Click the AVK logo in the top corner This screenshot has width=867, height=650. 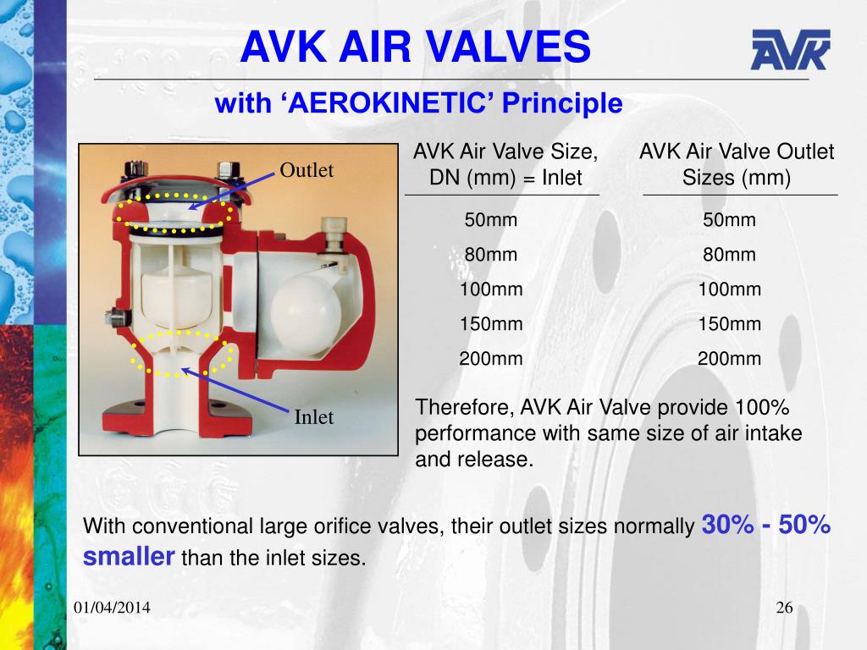click(790, 49)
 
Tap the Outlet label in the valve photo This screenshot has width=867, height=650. click(307, 170)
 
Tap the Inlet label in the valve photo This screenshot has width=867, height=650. click(314, 417)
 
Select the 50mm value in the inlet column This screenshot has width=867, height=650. click(491, 221)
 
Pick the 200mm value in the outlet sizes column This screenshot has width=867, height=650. click(729, 358)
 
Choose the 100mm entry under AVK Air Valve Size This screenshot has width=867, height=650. click(491, 289)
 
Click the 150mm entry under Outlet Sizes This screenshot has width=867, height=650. click(729, 324)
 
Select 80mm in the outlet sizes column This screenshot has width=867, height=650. click(729, 255)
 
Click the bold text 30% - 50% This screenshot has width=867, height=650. click(766, 526)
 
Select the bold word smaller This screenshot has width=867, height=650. click(129, 557)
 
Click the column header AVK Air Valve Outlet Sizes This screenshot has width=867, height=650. click(737, 165)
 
